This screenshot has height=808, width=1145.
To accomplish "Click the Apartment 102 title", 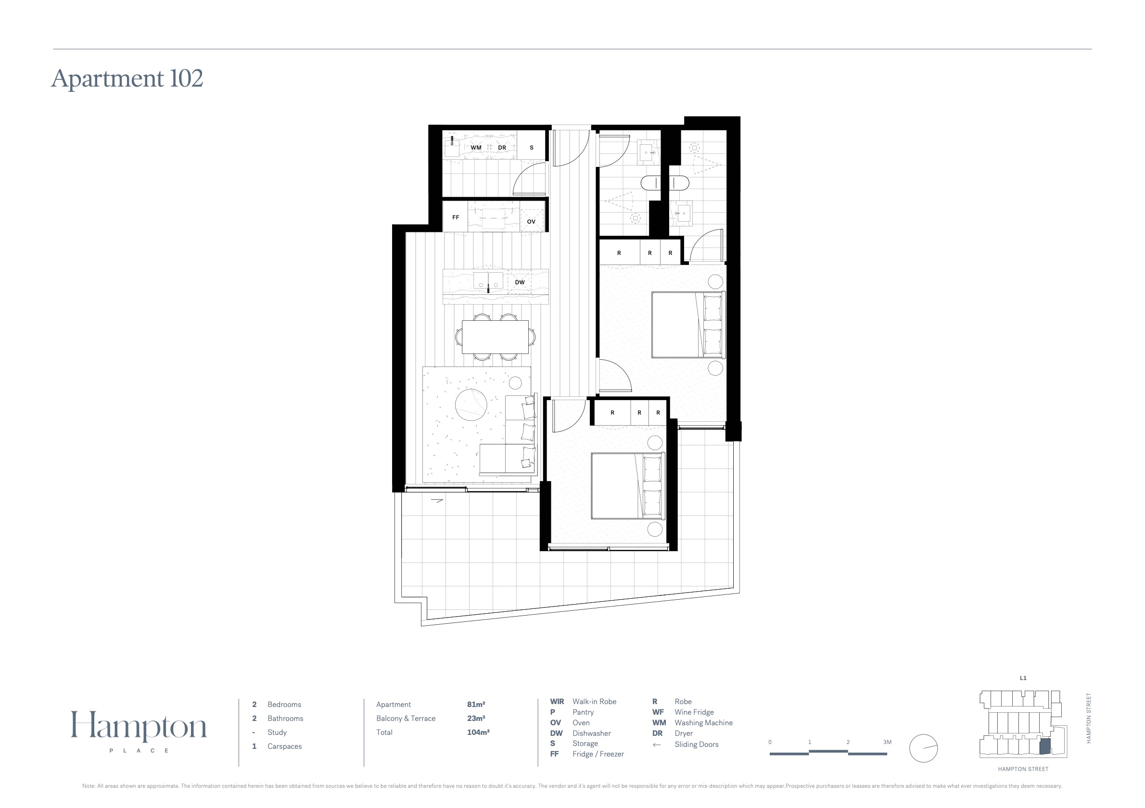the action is pyautogui.click(x=127, y=79).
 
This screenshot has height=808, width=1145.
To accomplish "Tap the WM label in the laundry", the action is pyautogui.click(x=476, y=148).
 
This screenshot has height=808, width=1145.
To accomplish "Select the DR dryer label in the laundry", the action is pyautogui.click(x=502, y=148).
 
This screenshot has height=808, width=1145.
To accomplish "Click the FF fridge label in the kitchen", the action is pyautogui.click(x=455, y=217).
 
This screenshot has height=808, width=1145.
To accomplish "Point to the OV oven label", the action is pyautogui.click(x=531, y=222).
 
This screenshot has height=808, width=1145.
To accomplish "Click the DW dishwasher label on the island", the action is pyautogui.click(x=520, y=282).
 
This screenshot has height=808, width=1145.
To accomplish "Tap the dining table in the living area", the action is pyautogui.click(x=495, y=337).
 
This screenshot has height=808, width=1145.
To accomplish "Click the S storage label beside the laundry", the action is pyautogui.click(x=532, y=148).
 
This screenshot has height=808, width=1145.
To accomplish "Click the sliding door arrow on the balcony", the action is pyautogui.click(x=437, y=501).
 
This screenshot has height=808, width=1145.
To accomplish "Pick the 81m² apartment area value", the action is pyautogui.click(x=476, y=704).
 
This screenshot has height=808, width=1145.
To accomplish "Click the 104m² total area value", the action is pyautogui.click(x=478, y=732).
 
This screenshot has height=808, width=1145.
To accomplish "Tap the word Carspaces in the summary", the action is pyautogui.click(x=285, y=746).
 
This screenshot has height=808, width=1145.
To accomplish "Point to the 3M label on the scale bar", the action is pyautogui.click(x=887, y=742).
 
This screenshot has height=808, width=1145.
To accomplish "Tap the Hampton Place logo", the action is pyautogui.click(x=139, y=731).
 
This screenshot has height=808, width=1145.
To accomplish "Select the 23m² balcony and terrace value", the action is pyautogui.click(x=476, y=718).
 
